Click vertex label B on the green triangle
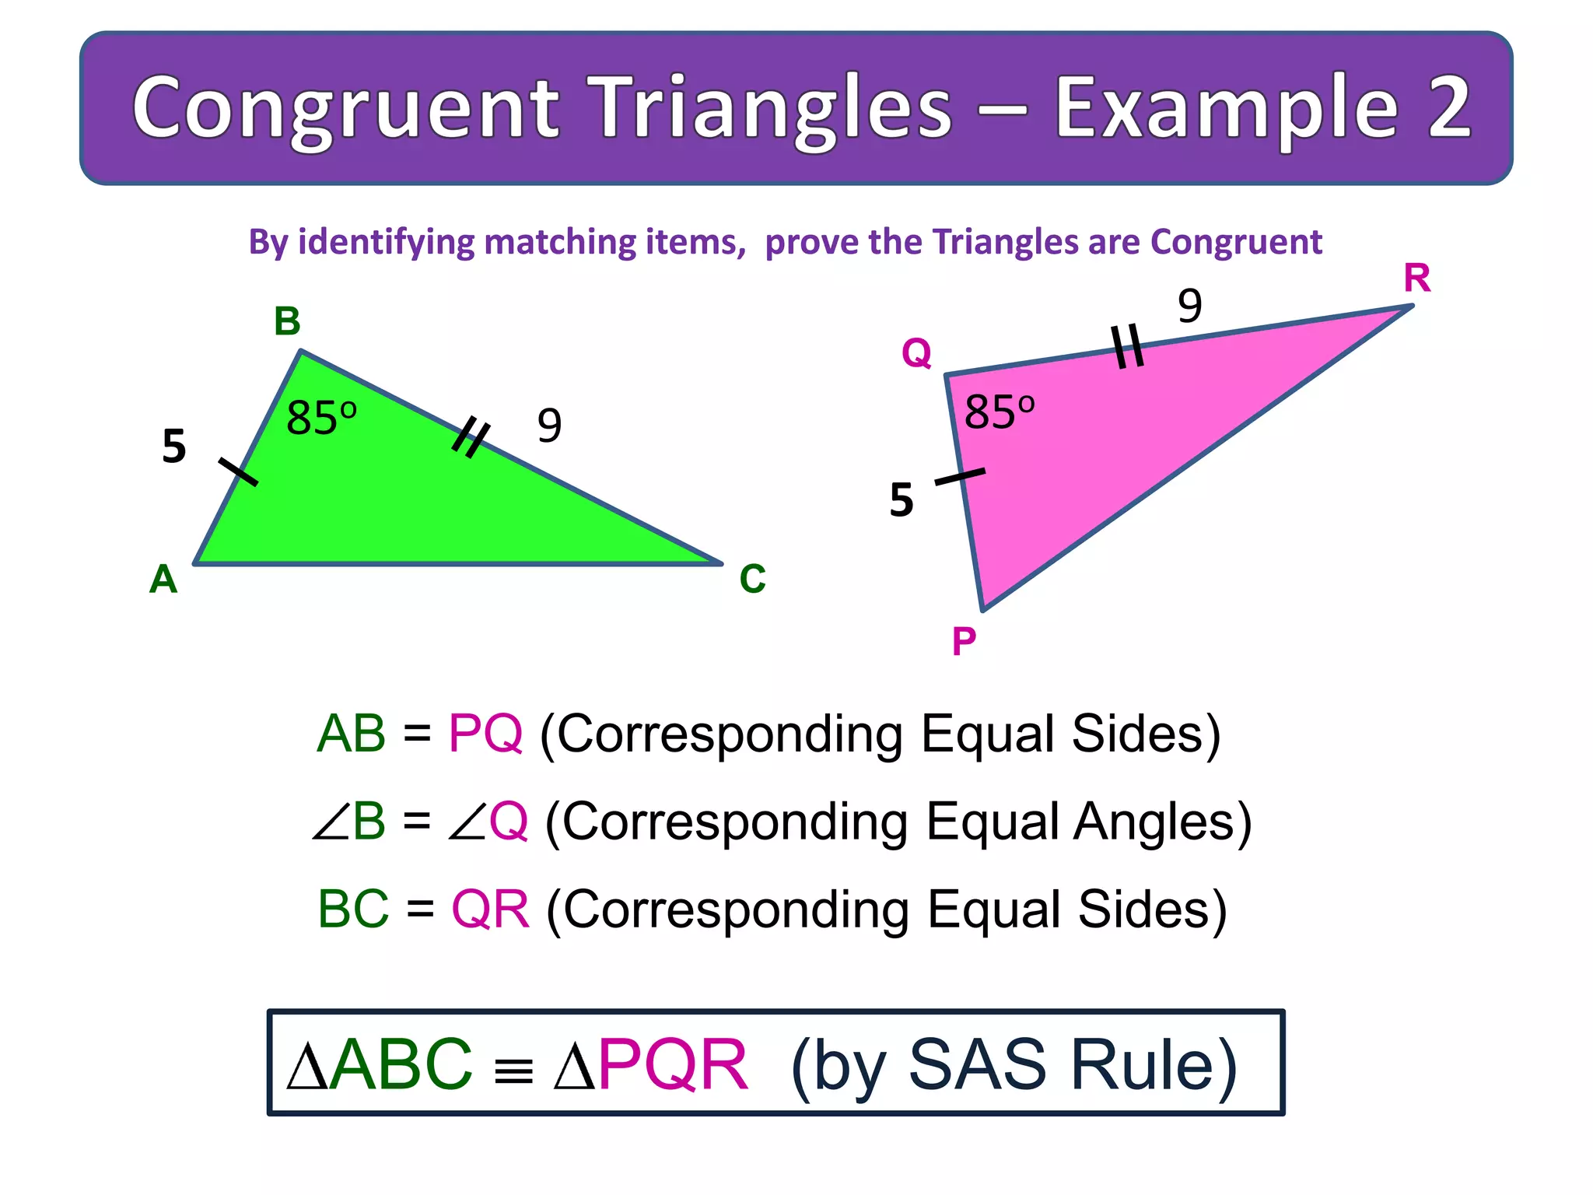point(287,321)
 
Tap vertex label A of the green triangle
point(163,579)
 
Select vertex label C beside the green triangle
point(752,579)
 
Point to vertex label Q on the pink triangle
point(916,353)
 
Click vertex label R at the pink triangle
point(1416,278)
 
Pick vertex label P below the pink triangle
point(964,642)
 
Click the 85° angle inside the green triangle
point(321,418)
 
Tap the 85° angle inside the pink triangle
point(1000,412)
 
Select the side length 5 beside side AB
point(174,447)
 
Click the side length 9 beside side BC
point(549,426)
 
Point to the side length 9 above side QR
point(1189,305)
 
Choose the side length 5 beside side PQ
point(902,499)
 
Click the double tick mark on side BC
point(471,436)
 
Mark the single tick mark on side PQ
point(960,477)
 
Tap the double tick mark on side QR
point(1127,345)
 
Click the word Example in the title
point(1227,109)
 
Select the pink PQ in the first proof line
point(485,733)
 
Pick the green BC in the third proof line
point(353,909)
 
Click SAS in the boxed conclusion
point(977,1064)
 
